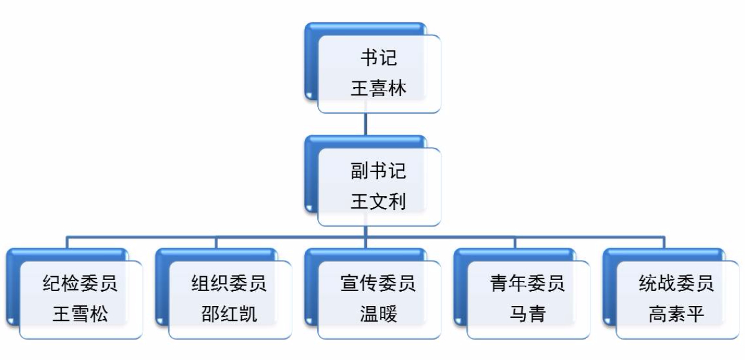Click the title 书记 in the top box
point(379,58)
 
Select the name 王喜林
point(379,88)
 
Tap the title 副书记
point(379,171)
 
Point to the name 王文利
point(379,202)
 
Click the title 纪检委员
point(80,283)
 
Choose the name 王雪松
point(80,314)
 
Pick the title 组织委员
point(229,283)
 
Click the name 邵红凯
point(229,314)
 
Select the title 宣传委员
point(379,283)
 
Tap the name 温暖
point(379,314)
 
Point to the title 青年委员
point(528,283)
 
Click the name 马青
point(528,314)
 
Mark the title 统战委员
point(677,283)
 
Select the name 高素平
point(677,314)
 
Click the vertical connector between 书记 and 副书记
point(366,124)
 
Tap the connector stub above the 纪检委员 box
point(68,242)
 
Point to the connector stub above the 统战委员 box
point(664,242)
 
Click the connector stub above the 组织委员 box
point(217,242)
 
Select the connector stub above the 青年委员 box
point(515,242)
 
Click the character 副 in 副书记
point(360,171)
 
